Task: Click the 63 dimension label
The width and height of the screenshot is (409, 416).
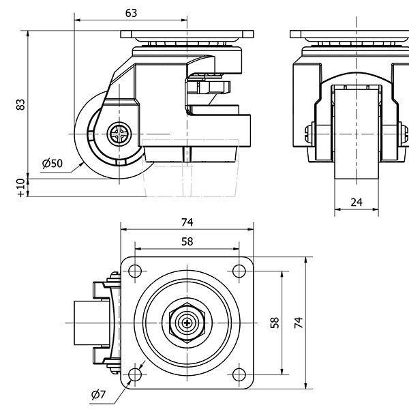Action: [132, 12]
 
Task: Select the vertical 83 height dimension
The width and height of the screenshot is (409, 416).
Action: [21, 104]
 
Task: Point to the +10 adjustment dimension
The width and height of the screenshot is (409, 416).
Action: [21, 186]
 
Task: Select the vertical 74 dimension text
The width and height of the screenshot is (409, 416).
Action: [297, 322]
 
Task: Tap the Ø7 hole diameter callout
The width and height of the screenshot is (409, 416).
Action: [97, 394]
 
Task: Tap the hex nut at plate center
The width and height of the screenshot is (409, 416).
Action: [187, 322]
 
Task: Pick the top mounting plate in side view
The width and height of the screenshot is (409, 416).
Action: [187, 34]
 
